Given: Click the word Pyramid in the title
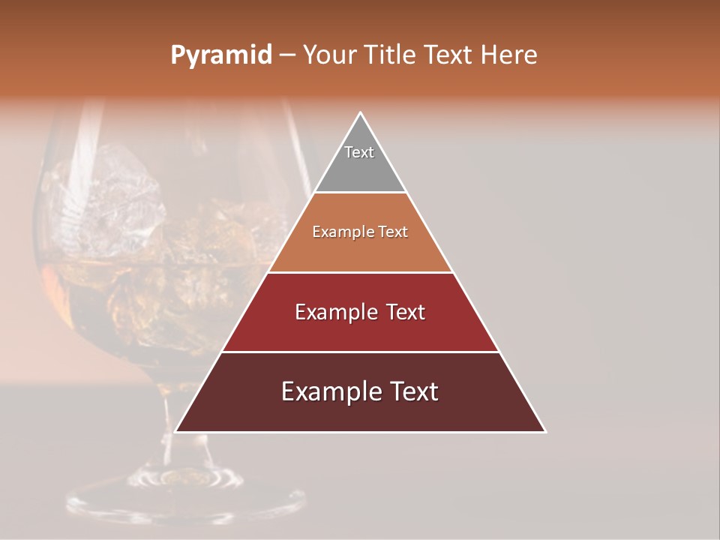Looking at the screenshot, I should [x=220, y=55].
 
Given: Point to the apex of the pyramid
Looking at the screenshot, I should [x=361, y=114].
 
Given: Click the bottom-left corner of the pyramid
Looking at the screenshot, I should [x=177, y=431].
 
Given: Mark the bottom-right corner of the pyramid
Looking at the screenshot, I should [x=544, y=431].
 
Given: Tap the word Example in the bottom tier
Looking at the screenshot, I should [x=327, y=391].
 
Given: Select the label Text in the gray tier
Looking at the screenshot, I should [x=359, y=152].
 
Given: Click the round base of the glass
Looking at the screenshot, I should [x=184, y=495].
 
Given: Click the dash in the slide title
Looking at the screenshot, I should [x=286, y=55].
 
